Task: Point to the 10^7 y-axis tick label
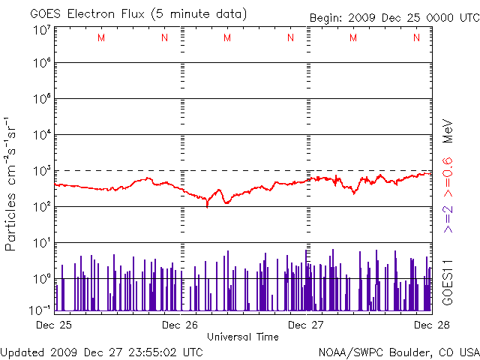(41, 30)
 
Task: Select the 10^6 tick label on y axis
(41, 64)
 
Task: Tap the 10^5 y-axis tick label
(41, 100)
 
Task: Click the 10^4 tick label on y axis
(41, 136)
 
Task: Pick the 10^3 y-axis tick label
(41, 172)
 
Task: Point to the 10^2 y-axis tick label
(41, 208)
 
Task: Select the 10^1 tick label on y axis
(41, 244)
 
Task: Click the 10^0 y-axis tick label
(41, 280)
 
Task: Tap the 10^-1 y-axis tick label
(40, 310)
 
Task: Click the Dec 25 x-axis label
(53, 325)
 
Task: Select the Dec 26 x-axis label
(180, 325)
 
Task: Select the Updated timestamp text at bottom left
(101, 351)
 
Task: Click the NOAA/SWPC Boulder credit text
(398, 351)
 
